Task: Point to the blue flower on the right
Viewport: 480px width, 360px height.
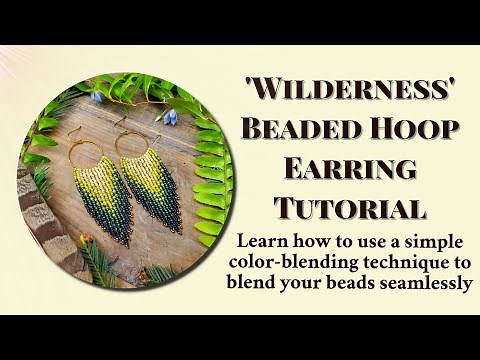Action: coord(170,116)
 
